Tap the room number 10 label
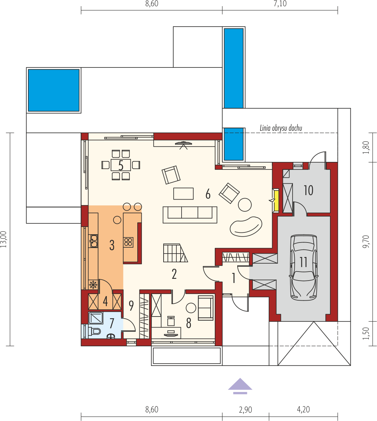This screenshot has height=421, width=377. pos(308,190)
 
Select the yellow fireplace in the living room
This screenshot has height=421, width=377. pos(276,201)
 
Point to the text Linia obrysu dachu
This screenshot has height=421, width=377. pos(281,128)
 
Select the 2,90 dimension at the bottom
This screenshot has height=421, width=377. pos(245,410)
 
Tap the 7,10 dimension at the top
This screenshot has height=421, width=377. pos(280,4)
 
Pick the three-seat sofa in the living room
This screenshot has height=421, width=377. pos(190,214)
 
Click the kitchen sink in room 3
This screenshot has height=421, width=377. pos(93,241)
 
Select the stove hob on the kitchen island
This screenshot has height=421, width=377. pos(129,242)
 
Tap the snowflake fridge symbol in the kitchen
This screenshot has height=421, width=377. pos(93,285)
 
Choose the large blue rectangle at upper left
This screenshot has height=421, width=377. pos(54,90)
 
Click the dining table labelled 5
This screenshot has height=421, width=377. pos(121,165)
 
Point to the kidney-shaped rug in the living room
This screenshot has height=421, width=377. pos(246,227)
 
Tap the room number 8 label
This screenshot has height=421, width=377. pos(188,323)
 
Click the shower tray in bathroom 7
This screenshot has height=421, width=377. pos(96,318)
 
